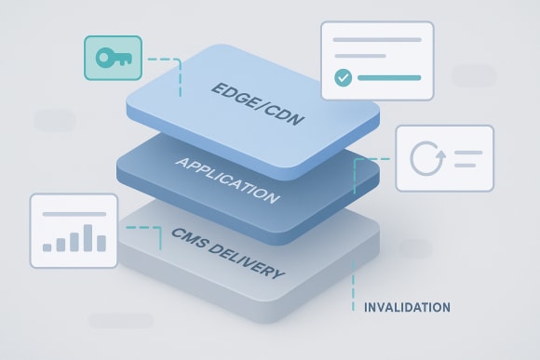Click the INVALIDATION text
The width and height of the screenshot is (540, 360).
pyautogui.click(x=407, y=307)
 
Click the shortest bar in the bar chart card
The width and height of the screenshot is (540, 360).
pyautogui.click(x=47, y=247)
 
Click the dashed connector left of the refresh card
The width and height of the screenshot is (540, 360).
pyautogui.click(x=369, y=159)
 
